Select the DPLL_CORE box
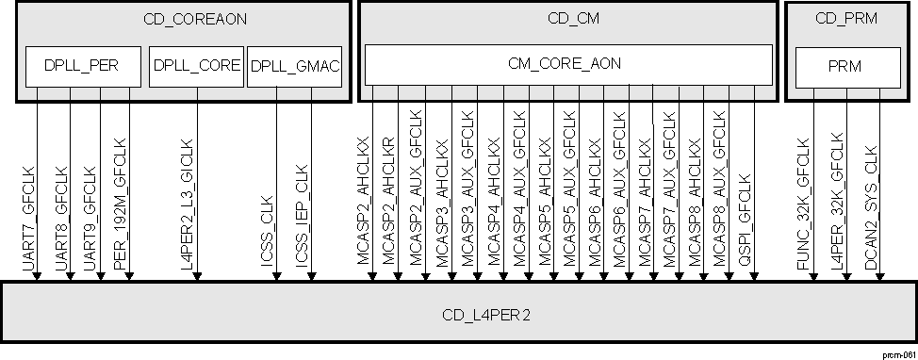pyautogui.click(x=196, y=65)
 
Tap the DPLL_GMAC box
pyautogui.click(x=293, y=65)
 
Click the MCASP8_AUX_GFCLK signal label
pyautogui.click(x=720, y=193)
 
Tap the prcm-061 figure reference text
pyautogui.click(x=898, y=352)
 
